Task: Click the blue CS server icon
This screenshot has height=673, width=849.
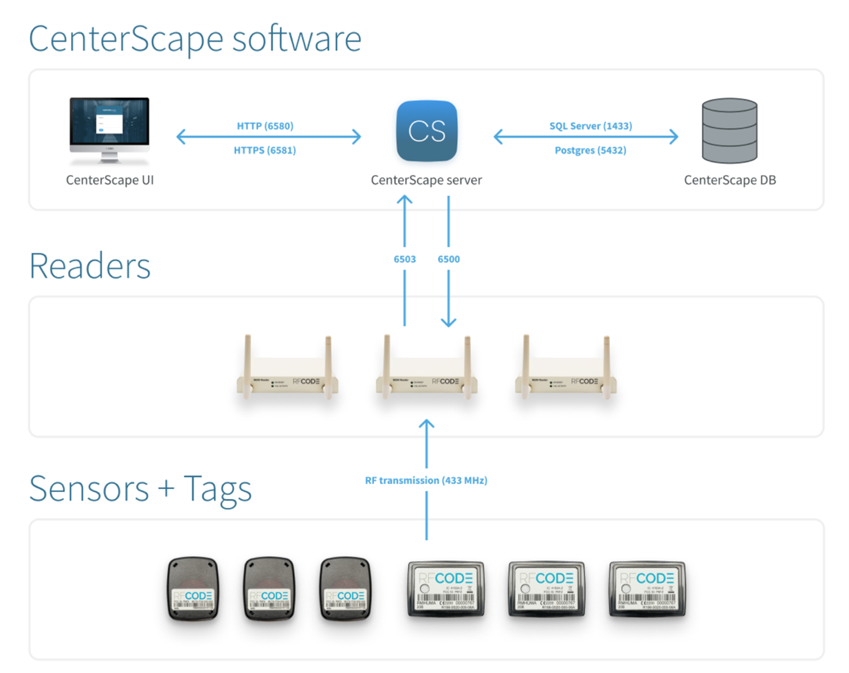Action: (426, 131)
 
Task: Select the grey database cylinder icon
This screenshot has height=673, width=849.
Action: (729, 131)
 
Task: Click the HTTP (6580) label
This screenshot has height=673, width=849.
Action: (265, 126)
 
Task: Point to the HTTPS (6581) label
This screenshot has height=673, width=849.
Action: (265, 150)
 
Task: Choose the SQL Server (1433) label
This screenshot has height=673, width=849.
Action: (590, 126)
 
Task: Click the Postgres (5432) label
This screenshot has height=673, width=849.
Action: (590, 150)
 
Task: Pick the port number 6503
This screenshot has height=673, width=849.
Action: (404, 259)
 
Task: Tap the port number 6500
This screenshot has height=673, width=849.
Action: (449, 259)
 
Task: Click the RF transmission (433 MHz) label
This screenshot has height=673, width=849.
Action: (426, 480)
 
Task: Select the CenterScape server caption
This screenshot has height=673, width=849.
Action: (426, 180)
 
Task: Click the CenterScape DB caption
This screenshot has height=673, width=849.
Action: (730, 180)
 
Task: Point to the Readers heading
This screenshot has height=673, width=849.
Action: (90, 266)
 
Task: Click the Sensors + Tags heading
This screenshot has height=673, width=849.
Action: (140, 489)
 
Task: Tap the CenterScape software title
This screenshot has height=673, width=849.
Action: (195, 39)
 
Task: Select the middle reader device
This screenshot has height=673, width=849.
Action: (426, 374)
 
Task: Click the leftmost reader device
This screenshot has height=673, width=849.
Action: (287, 374)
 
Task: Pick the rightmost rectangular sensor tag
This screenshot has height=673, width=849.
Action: (647, 589)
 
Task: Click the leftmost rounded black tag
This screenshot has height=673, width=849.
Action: (193, 589)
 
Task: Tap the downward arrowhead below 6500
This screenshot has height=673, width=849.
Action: (449, 322)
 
